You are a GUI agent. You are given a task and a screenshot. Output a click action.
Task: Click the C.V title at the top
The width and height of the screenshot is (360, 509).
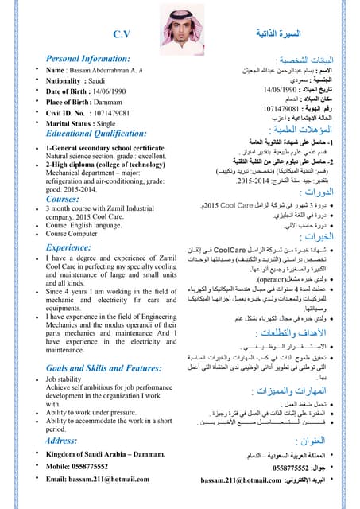pyautogui.click(x=122, y=34)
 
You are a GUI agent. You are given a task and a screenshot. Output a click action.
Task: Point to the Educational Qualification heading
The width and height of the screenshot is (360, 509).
pyautogui.click(x=103, y=134)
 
